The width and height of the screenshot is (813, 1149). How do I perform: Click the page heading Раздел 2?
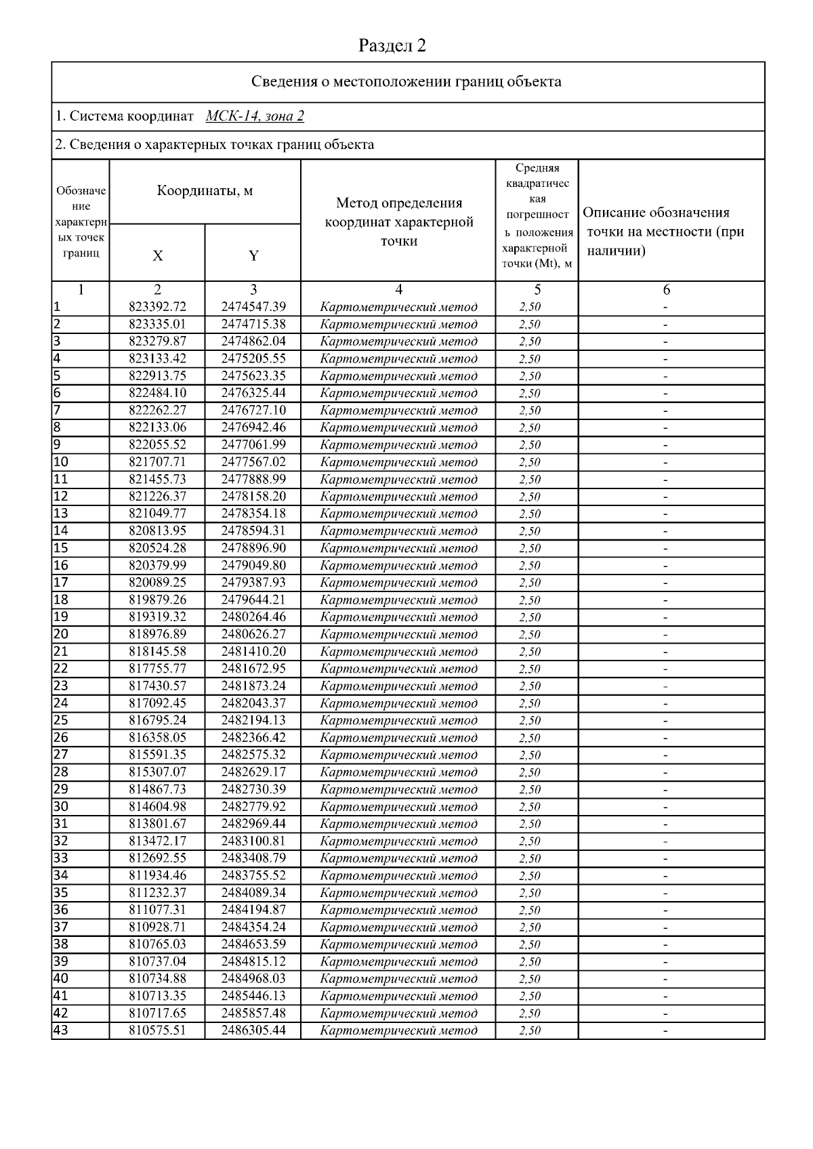[x=392, y=45]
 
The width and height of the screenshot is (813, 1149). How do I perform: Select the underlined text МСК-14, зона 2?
[x=255, y=116]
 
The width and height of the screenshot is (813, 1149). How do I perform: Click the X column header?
[x=157, y=255]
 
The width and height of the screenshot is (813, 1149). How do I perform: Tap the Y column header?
[x=253, y=255]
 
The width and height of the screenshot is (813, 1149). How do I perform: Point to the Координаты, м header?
[x=205, y=190]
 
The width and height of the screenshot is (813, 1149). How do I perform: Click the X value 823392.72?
[x=157, y=307]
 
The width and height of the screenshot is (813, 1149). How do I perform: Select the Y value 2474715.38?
[x=253, y=324]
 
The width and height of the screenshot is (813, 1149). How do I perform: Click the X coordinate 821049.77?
[x=157, y=514]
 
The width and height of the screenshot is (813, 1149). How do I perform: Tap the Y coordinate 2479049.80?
[x=253, y=565]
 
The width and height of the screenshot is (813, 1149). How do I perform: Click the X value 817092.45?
[x=157, y=703]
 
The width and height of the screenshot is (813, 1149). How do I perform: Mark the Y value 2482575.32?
[x=253, y=755]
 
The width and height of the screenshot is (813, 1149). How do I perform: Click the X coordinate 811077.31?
[x=157, y=910]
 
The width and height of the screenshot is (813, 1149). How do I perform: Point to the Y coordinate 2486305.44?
[x=253, y=1030]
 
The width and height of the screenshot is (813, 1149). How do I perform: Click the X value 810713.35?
[x=157, y=996]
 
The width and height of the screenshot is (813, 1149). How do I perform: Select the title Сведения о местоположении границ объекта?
[x=406, y=82]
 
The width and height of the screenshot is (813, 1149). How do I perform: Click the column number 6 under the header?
[x=667, y=290]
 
